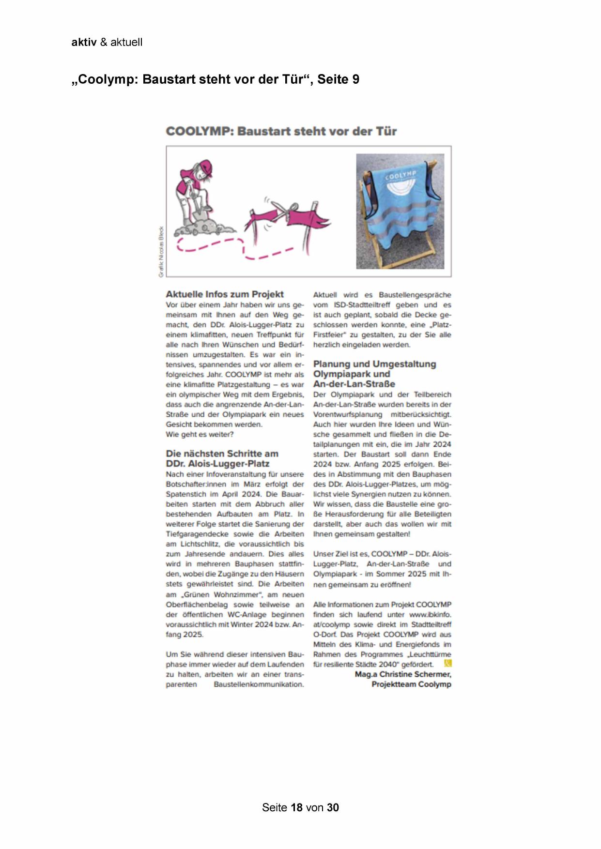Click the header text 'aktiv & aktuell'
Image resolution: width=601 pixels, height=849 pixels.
click(107, 42)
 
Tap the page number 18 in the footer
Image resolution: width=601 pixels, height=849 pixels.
click(296, 807)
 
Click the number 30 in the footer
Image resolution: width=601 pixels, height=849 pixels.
click(333, 807)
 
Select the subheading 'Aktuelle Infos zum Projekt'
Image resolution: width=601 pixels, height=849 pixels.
click(225, 294)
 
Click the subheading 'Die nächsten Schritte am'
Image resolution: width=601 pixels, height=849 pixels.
click(222, 454)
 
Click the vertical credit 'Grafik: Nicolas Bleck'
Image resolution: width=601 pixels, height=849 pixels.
click(161, 252)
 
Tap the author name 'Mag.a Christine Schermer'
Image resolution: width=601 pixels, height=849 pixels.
click(403, 674)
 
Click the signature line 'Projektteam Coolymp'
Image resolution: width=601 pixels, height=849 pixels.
click(411, 684)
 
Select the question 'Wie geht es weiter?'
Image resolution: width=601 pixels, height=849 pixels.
click(200, 434)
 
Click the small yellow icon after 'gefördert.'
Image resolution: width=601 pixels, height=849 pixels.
click(447, 664)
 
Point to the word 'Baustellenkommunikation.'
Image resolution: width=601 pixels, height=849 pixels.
click(259, 684)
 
